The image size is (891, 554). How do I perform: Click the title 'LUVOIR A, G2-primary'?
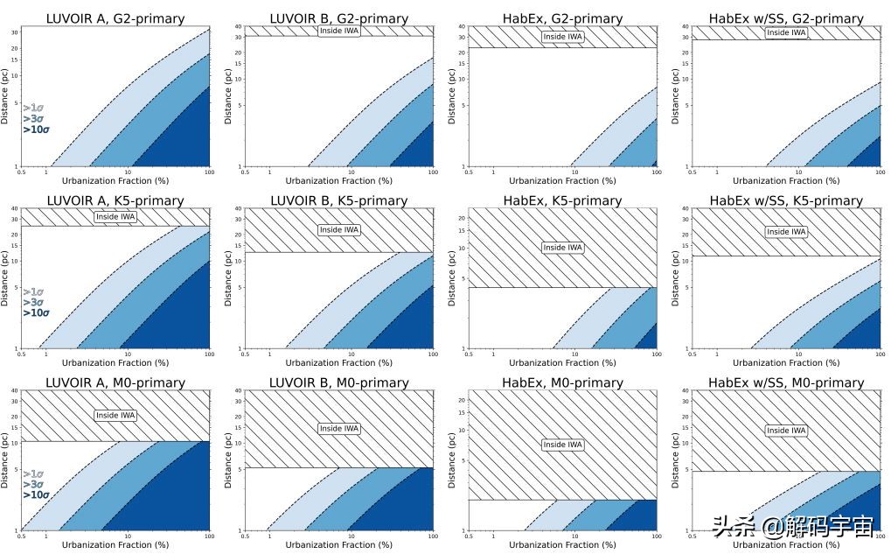click(x=115, y=18)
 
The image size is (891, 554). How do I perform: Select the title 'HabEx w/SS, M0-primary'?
click(x=785, y=382)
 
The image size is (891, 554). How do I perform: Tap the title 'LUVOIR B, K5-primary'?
click(x=339, y=200)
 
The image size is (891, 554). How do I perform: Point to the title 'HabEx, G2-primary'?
click(x=562, y=18)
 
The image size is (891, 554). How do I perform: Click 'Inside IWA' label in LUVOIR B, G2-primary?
click(x=339, y=32)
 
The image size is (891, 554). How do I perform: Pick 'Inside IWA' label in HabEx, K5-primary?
click(x=562, y=248)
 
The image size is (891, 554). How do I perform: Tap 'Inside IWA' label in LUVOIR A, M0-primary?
click(x=115, y=416)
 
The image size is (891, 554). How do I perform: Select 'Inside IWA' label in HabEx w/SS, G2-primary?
click(x=785, y=32)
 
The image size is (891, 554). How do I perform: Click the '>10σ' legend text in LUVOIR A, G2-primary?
click(x=36, y=130)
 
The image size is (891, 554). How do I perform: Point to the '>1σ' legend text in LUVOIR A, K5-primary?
click(x=32, y=291)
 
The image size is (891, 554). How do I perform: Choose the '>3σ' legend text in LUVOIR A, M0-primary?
click(x=32, y=484)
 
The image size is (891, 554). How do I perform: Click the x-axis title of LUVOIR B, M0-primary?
click(x=339, y=545)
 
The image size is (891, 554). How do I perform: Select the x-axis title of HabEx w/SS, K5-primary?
click(x=785, y=363)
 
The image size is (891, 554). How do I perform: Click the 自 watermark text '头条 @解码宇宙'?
click(x=792, y=527)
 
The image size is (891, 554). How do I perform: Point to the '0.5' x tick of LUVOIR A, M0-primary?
click(x=21, y=536)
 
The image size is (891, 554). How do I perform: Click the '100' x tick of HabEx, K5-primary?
click(x=655, y=354)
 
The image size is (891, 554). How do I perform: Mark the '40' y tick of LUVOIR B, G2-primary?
click(x=237, y=26)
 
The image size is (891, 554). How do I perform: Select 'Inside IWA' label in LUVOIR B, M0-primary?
click(x=339, y=429)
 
